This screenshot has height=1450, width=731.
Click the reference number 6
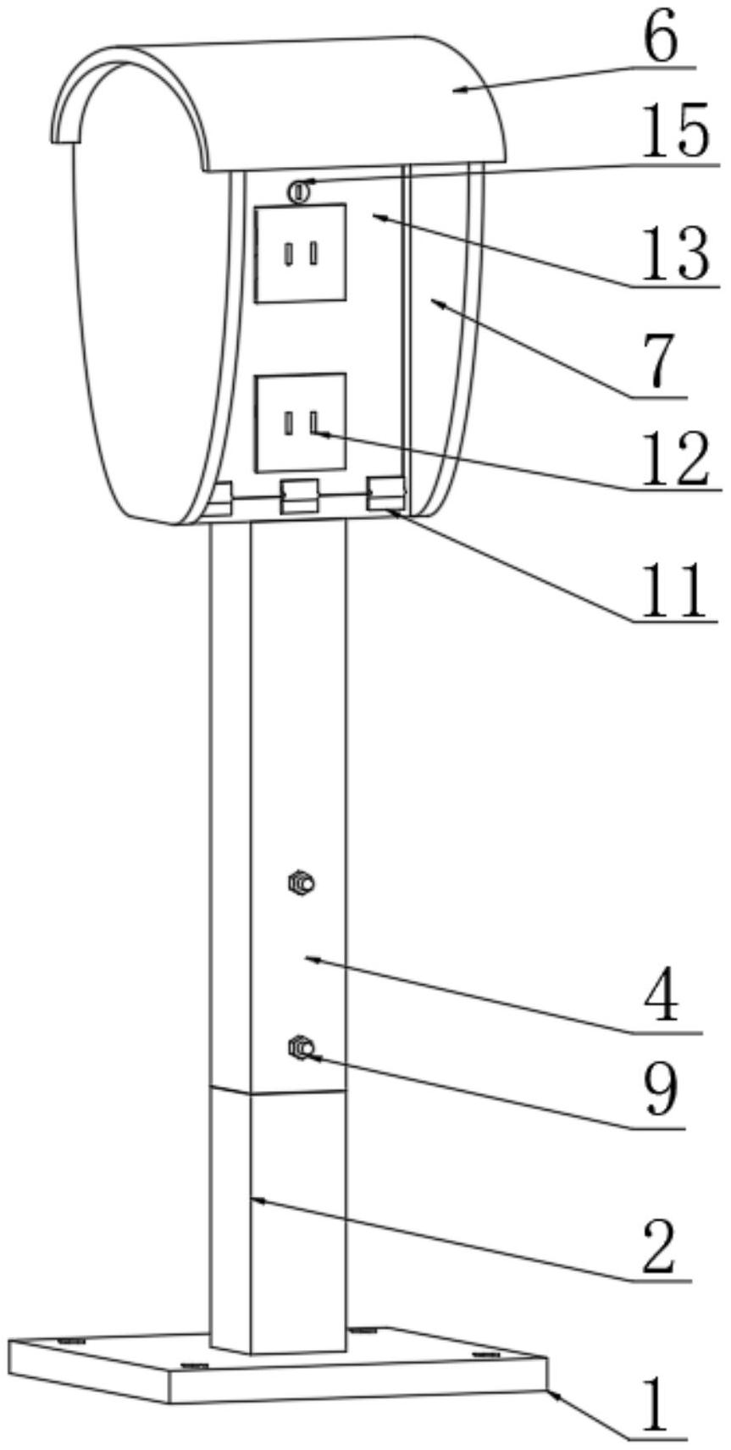(661, 40)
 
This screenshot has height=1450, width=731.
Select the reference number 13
(674, 254)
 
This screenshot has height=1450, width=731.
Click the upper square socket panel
(300, 253)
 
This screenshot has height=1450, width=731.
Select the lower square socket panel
(300, 422)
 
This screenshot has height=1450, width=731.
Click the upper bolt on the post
(301, 882)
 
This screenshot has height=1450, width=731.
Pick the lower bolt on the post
(301, 1047)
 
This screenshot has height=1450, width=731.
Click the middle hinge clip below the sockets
(298, 496)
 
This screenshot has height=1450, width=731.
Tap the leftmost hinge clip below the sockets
(219, 499)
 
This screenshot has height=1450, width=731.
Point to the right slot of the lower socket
(313, 422)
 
